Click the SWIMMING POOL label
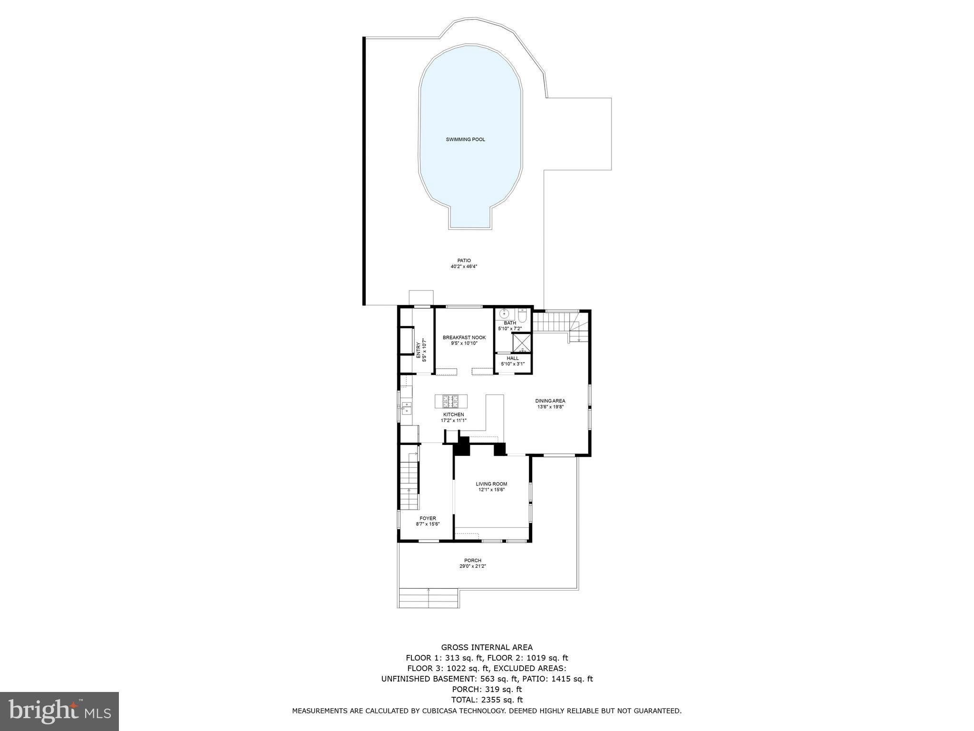[465, 139]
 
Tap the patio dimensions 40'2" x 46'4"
[464, 267]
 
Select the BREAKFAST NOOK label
[458, 337]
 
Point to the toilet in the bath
[522, 315]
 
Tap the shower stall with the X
[522, 342]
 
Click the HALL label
[513, 358]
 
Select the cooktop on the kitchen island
[450, 401]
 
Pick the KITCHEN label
[453, 415]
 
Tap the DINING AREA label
[550, 401]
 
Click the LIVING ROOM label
[491, 484]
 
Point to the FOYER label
[428, 518]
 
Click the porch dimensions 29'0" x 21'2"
[472, 566]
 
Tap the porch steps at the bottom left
[428, 598]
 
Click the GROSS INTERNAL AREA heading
[487, 647]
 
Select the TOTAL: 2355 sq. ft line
[487, 700]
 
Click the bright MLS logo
[59, 711]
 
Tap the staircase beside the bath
[550, 323]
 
